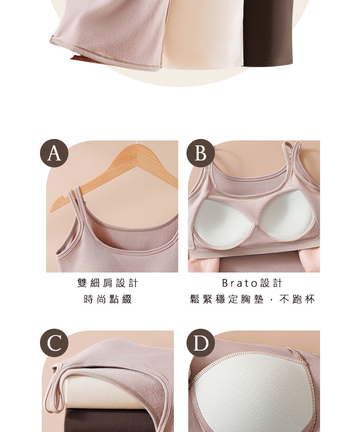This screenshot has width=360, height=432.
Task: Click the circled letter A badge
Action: tap(54, 153)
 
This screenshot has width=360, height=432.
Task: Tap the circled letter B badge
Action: tap(201, 153)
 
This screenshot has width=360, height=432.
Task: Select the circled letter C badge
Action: tap(54, 343)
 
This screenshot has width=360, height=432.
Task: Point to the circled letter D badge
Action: tap(201, 343)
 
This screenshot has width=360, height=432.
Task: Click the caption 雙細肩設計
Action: tap(108, 283)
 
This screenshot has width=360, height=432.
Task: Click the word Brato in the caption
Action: tap(240, 283)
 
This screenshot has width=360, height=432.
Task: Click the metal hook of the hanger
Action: tap(137, 143)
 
